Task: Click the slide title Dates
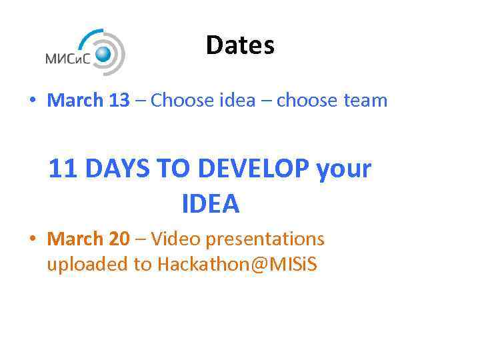(x=240, y=45)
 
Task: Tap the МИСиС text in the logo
(x=69, y=58)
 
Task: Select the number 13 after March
(x=119, y=101)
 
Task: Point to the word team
(x=365, y=101)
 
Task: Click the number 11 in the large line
(x=63, y=169)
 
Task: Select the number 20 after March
(x=119, y=239)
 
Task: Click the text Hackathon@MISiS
(x=237, y=265)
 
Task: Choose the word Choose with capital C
(x=177, y=101)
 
